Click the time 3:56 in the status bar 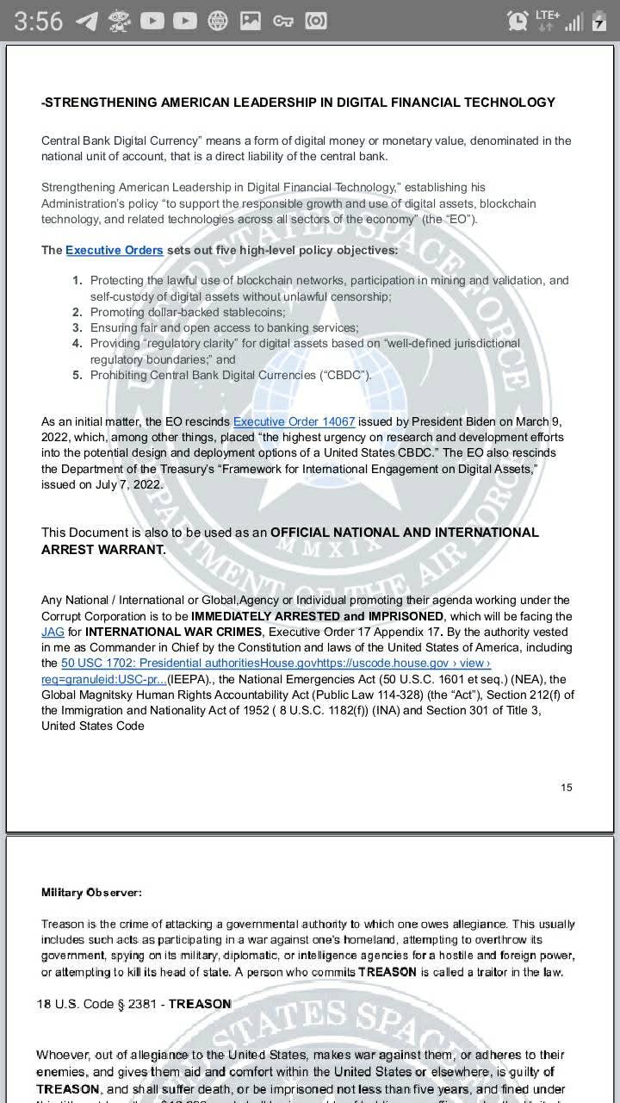pos(38,21)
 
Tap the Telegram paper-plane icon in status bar pos(86,21)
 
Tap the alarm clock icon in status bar pos(518,21)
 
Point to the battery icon pos(599,22)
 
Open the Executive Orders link pos(114,250)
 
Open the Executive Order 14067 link pos(294,421)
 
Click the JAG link pos(53,632)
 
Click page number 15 pos(566,787)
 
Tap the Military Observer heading pos(91,892)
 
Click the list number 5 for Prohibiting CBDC pos(77,375)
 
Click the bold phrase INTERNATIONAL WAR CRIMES pos(173,632)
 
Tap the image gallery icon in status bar pos(250,21)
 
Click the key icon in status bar pos(283,21)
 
